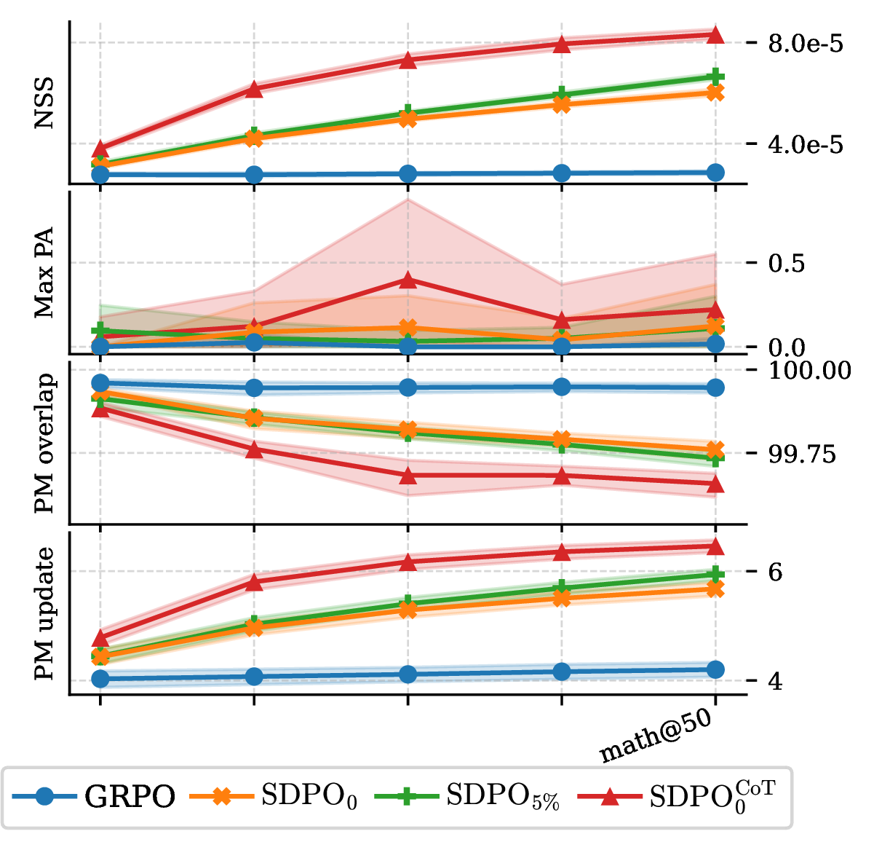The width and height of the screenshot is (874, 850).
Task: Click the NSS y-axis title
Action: point(44,103)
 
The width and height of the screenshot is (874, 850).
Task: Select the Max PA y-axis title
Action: point(44,272)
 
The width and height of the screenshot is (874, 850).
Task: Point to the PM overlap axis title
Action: point(45,443)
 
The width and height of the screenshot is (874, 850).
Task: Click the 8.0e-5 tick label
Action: point(806,44)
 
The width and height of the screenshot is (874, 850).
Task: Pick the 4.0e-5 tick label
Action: point(806,145)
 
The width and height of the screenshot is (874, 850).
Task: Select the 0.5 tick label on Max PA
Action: point(787,263)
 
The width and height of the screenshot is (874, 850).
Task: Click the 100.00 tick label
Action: point(809,371)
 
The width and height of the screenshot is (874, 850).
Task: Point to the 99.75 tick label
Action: point(802,454)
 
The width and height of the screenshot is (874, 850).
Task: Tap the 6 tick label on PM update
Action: point(775,572)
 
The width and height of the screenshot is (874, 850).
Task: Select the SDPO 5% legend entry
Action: point(467,797)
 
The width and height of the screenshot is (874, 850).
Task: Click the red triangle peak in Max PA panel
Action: point(408,280)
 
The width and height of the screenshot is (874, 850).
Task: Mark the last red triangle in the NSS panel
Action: point(715,35)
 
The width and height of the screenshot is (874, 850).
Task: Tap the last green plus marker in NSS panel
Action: point(715,76)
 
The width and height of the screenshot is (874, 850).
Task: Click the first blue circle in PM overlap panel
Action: point(100,383)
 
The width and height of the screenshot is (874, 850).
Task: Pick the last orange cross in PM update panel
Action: point(715,589)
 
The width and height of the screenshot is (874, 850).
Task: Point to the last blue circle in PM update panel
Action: point(715,670)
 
